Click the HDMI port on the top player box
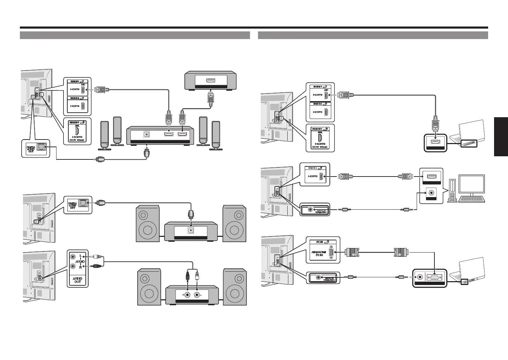[211, 81]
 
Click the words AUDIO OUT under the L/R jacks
[77, 280]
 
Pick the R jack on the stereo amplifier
[188, 295]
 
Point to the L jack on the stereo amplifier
[198, 295]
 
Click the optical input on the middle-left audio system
[191, 230]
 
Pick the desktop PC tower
[452, 191]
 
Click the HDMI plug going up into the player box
[211, 97]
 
